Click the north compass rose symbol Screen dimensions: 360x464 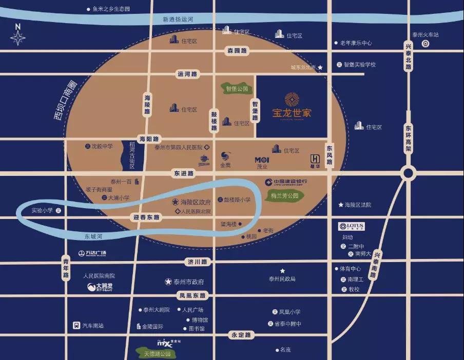(x=18, y=37)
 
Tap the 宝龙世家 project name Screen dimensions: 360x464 (x=292, y=112)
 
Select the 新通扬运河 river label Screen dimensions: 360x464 (x=178, y=19)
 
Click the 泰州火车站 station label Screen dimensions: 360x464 (x=426, y=35)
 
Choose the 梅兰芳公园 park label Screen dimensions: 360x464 (x=284, y=195)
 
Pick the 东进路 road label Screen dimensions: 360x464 (x=183, y=173)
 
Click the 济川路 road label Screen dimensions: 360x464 (x=197, y=262)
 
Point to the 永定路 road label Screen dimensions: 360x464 (x=241, y=335)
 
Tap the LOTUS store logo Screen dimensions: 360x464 (x=352, y=226)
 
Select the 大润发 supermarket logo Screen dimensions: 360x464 (x=100, y=287)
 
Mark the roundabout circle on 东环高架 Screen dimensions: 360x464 (x=409, y=173)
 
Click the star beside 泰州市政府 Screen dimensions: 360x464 (x=168, y=282)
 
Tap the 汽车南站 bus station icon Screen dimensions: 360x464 (x=76, y=325)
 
